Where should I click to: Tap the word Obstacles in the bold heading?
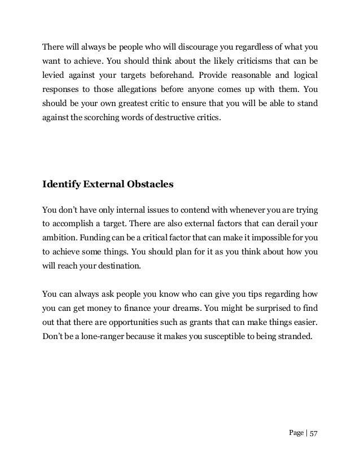click(x=150, y=184)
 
